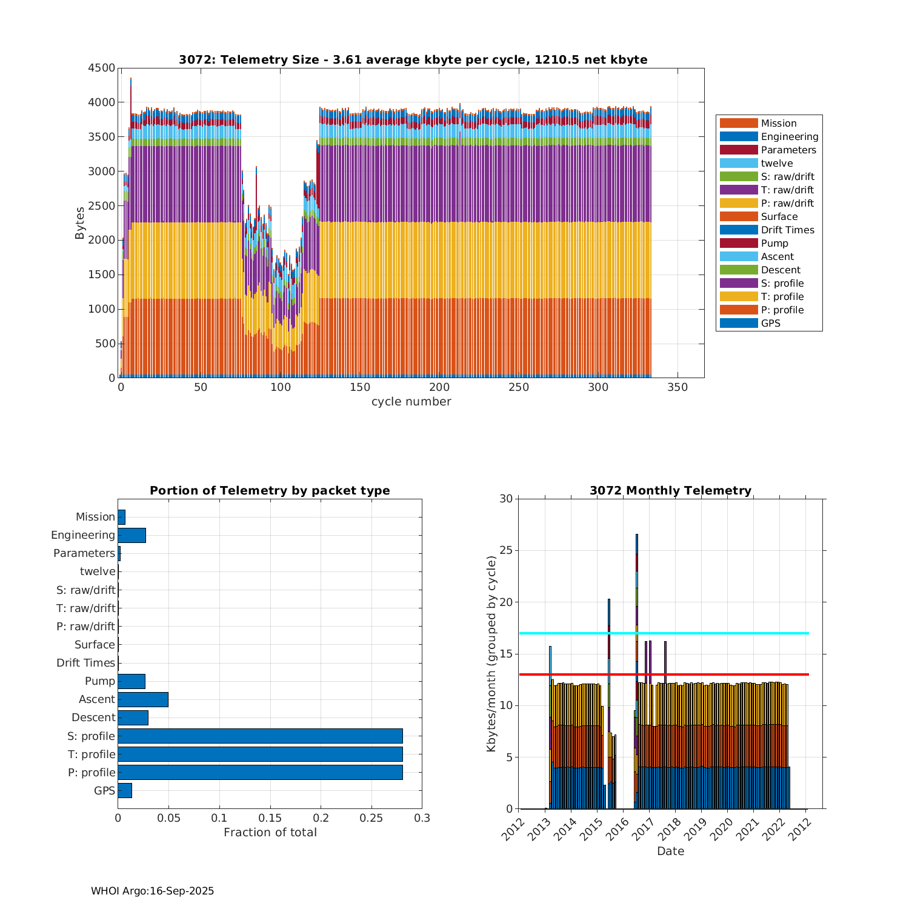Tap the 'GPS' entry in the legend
click(770, 323)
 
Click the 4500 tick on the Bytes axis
click(102, 68)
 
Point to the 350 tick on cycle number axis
click(678, 388)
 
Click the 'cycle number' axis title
click(411, 402)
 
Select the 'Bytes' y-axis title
click(80, 223)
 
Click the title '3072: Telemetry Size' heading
click(413, 59)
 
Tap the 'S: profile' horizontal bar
click(260, 736)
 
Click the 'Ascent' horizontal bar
click(143, 699)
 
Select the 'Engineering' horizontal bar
click(132, 535)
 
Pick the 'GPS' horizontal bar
click(125, 790)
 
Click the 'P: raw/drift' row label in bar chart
click(85, 627)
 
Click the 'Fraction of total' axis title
click(270, 833)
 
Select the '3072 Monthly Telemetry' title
click(670, 491)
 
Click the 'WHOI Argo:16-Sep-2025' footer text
click(152, 891)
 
